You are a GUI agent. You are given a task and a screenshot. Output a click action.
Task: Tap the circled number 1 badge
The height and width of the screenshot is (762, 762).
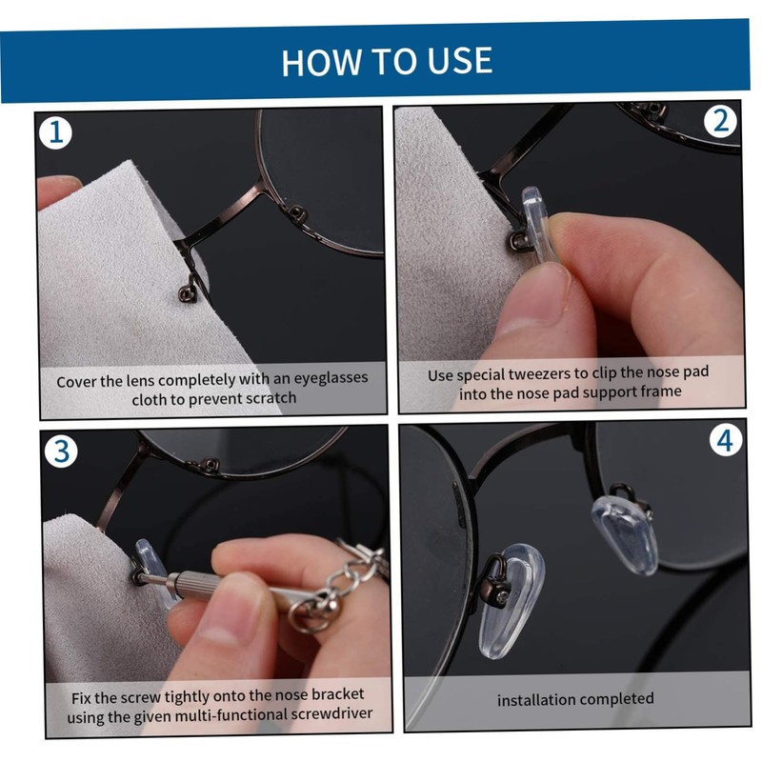pos(56,132)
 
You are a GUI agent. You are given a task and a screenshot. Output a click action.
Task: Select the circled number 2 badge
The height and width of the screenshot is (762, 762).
pos(721,121)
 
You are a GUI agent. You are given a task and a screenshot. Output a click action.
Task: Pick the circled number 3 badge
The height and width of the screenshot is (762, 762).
pos(62,451)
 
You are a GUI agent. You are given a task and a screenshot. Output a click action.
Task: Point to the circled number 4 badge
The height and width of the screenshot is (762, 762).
pos(725,440)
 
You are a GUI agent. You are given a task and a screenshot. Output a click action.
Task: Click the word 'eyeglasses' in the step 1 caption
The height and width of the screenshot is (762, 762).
pos(331,378)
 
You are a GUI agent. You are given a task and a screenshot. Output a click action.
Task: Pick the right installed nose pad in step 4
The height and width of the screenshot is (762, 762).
pos(626,533)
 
